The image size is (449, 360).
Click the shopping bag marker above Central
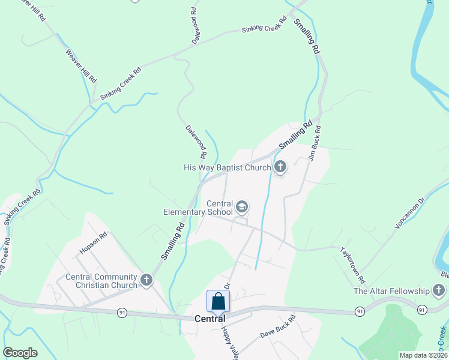[x=218, y=301]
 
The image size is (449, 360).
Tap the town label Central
[x=210, y=319]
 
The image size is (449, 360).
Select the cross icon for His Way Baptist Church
[x=280, y=167]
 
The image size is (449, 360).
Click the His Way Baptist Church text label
[x=228, y=167]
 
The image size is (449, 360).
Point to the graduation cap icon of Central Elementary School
[x=242, y=208]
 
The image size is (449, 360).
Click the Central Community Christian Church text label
[x=101, y=281]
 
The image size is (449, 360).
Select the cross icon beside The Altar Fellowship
[x=438, y=291]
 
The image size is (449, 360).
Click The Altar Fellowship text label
[x=392, y=292]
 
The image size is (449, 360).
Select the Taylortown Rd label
[x=352, y=265]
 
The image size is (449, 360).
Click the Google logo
[x=20, y=353]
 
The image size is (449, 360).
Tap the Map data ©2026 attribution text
[x=423, y=355]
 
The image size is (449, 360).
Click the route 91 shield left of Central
[x=122, y=313]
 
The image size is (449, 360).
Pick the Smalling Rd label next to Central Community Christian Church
[x=172, y=241]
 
